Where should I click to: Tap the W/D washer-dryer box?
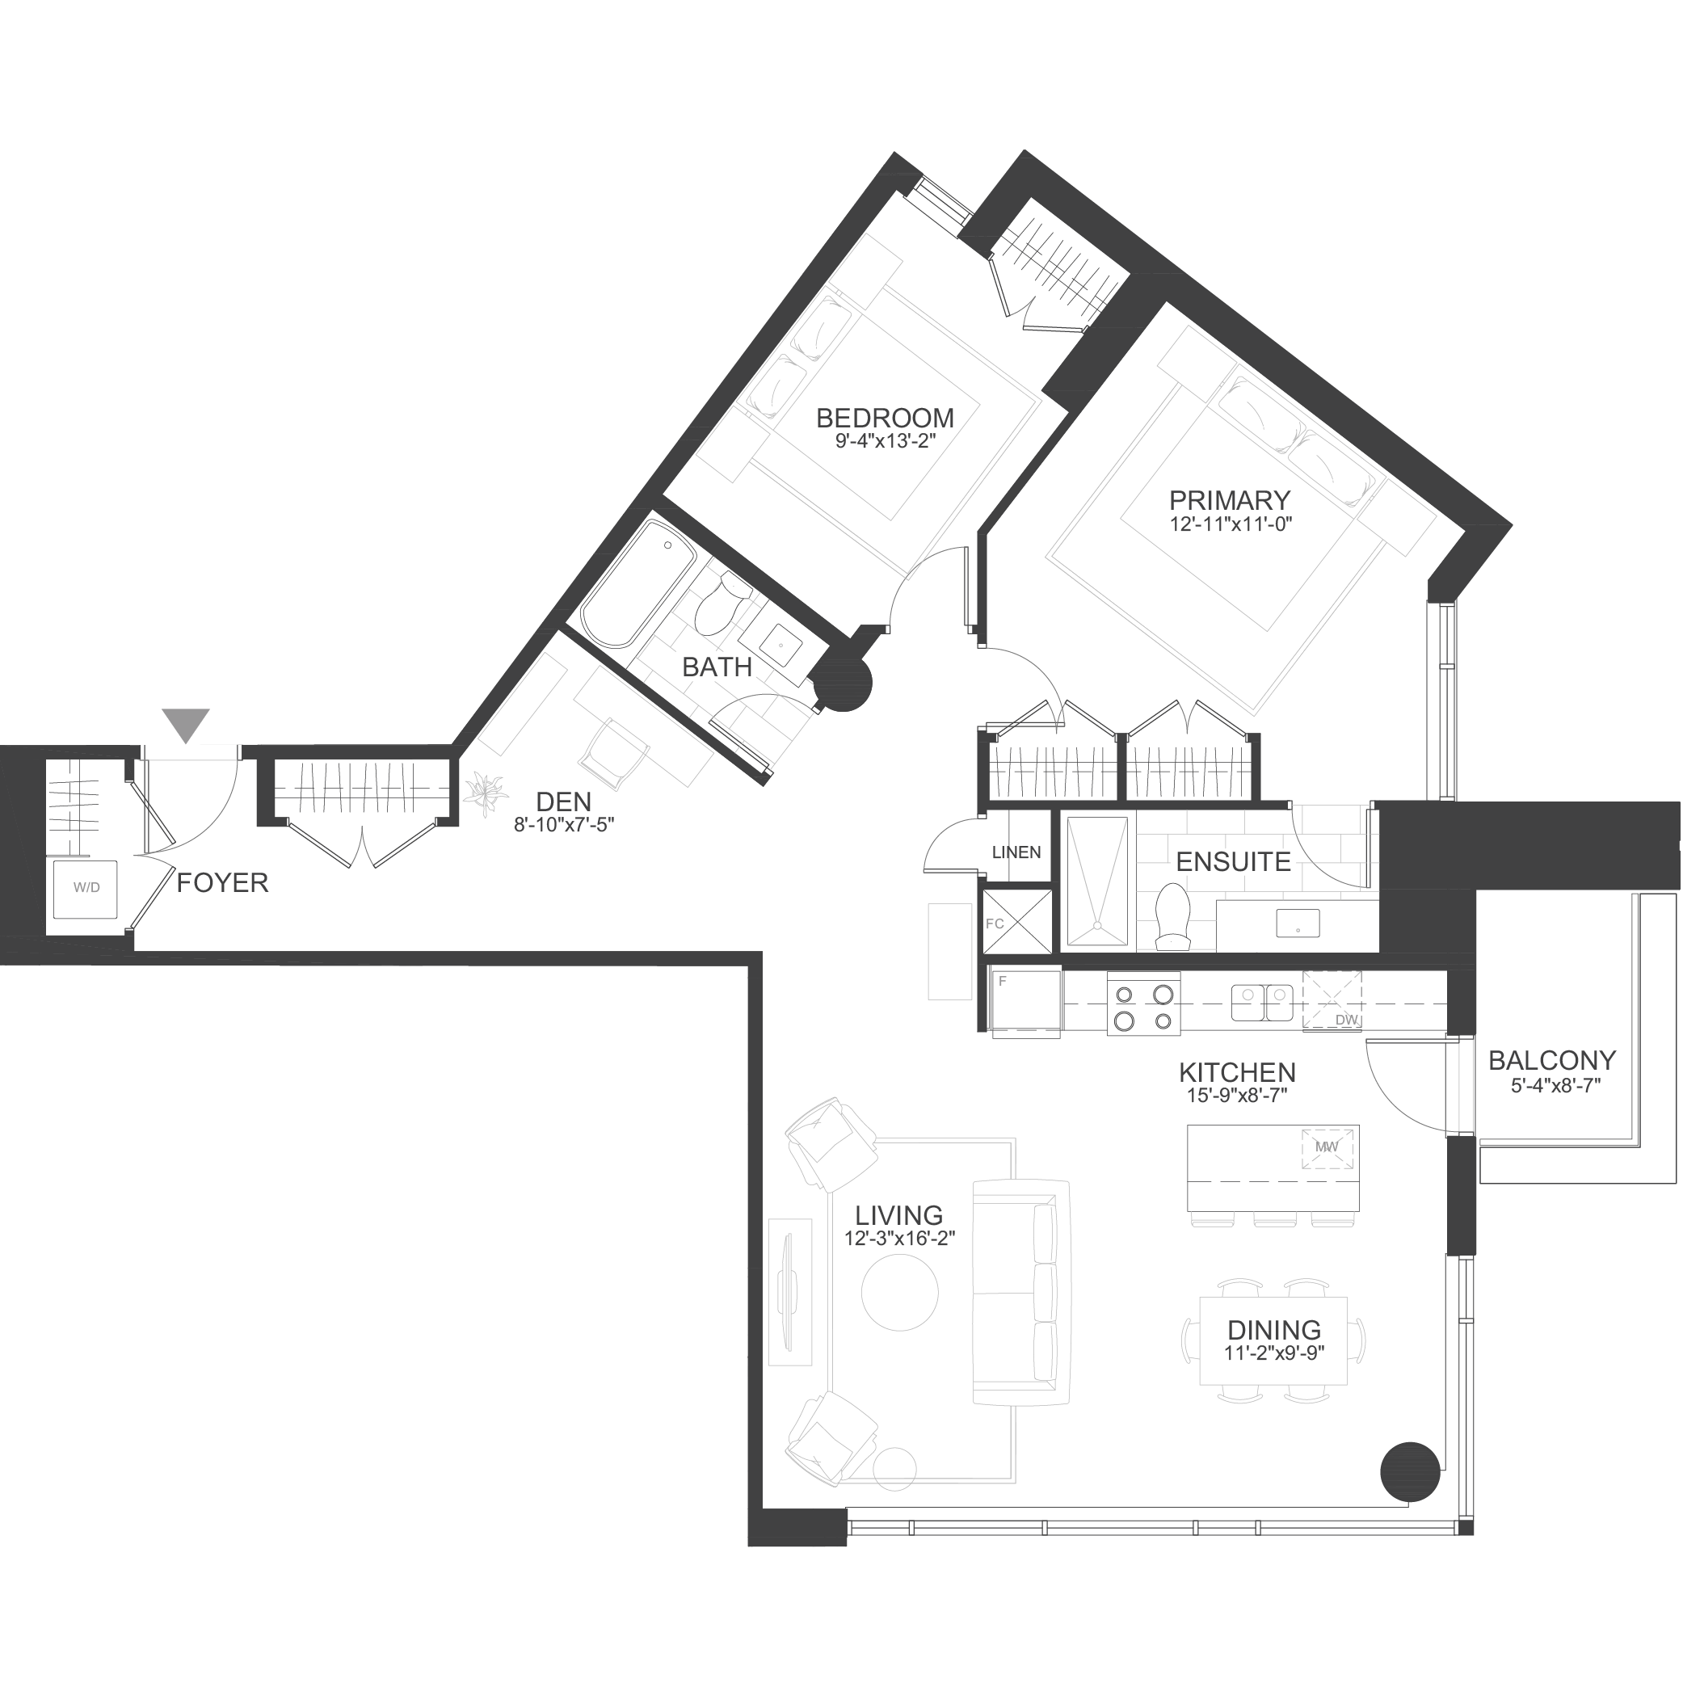[x=86, y=889]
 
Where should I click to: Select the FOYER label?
[x=222, y=883]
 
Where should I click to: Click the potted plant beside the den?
[x=486, y=793]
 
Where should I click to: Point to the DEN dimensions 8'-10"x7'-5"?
[x=564, y=824]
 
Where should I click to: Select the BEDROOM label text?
[x=885, y=419]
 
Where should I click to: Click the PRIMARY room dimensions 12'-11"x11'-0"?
[x=1231, y=524]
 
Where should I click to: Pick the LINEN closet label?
[x=1016, y=852]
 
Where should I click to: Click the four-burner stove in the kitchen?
[x=1144, y=1006]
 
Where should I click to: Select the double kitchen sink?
[x=1262, y=1002]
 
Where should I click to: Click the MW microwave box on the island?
[x=1327, y=1147]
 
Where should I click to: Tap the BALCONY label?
[x=1552, y=1060]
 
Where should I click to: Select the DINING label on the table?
[x=1274, y=1330]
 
